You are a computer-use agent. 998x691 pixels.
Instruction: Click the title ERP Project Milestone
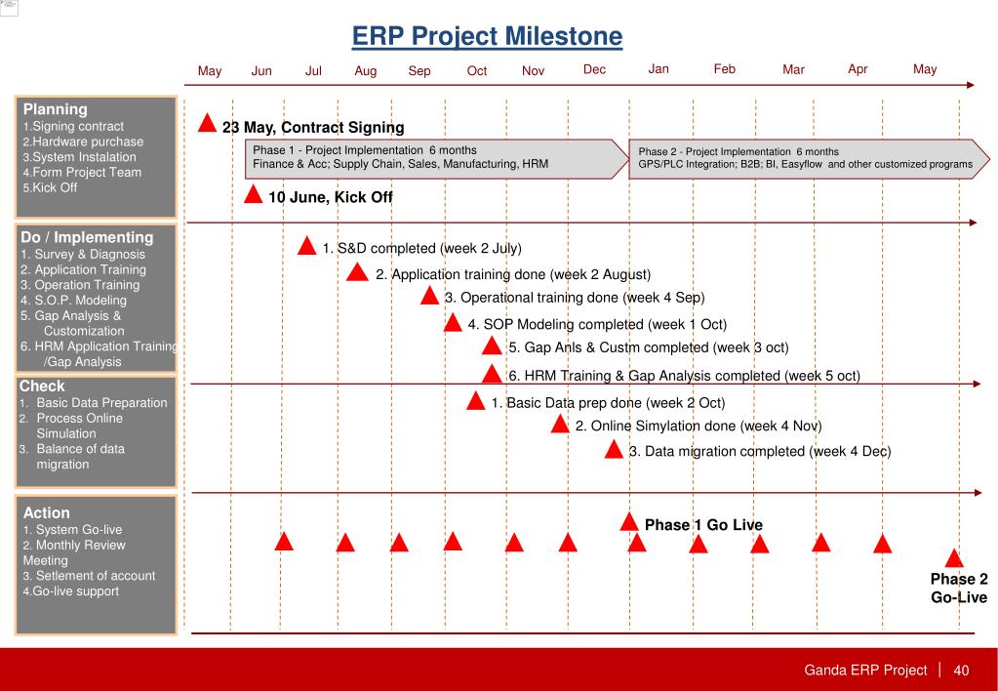tap(487, 37)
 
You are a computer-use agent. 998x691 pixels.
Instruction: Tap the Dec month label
tap(594, 69)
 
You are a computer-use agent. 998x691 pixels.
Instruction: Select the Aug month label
tap(366, 70)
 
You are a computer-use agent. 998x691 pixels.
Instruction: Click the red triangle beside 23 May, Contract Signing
tap(208, 124)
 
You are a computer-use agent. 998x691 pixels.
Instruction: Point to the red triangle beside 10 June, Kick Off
tap(254, 194)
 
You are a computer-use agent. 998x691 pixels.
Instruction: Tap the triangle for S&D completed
tap(306, 246)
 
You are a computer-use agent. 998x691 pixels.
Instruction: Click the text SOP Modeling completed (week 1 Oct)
tap(597, 324)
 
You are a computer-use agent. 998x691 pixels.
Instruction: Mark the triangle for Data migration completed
tap(614, 450)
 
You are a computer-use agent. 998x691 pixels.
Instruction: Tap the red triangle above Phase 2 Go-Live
tap(954, 558)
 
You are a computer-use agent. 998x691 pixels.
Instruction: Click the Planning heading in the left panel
tap(56, 109)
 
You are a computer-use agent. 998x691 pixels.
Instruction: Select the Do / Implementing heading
tap(87, 237)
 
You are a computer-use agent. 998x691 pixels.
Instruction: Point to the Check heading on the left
tap(42, 386)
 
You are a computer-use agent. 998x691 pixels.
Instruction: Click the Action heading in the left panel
tap(46, 512)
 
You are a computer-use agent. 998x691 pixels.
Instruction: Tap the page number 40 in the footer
tap(961, 671)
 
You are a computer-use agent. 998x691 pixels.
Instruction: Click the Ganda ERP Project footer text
tap(864, 671)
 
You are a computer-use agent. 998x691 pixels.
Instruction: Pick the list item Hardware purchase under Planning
tap(86, 142)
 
